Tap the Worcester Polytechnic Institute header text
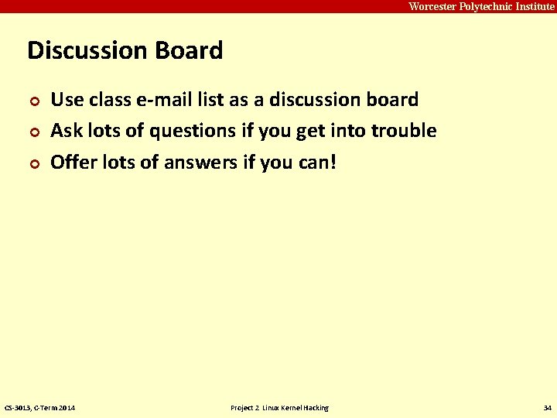(x=481, y=6)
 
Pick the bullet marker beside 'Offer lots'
(x=33, y=163)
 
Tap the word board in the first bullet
(x=391, y=100)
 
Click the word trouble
(x=404, y=131)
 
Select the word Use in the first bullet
(x=67, y=100)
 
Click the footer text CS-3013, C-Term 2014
(x=40, y=408)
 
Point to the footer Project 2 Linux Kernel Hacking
(x=279, y=408)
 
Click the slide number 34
(x=547, y=408)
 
